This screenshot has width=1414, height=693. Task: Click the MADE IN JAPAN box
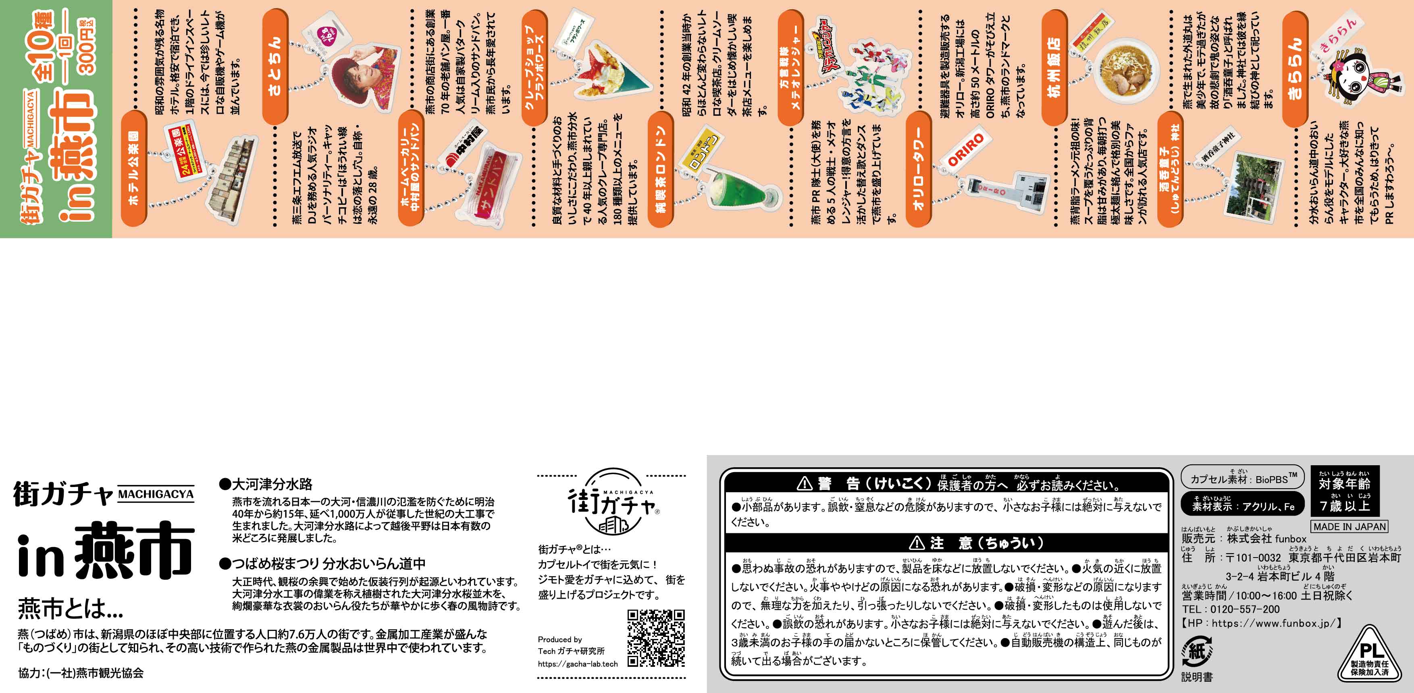(1349, 526)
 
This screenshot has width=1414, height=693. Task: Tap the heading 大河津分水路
(266, 484)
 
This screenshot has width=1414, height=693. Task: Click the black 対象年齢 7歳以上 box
(1344, 490)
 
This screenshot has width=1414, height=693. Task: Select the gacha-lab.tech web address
(578, 664)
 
